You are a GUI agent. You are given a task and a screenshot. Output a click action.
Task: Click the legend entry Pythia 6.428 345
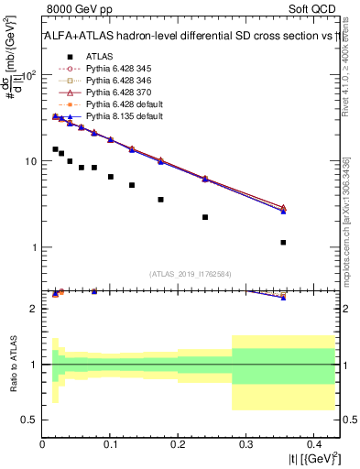[115, 68]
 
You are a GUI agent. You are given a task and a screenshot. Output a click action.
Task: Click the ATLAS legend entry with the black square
[100, 56]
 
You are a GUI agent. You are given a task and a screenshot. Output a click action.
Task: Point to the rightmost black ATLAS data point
[283, 243]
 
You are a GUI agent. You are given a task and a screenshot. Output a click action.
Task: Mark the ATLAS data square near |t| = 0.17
[160, 200]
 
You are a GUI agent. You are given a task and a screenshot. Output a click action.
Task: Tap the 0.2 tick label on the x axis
[178, 445]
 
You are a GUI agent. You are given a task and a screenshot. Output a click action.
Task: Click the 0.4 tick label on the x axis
[312, 445]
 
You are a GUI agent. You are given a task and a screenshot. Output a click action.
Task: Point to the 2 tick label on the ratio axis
[36, 309]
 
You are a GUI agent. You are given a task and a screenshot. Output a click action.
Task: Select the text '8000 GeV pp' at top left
[73, 8]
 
